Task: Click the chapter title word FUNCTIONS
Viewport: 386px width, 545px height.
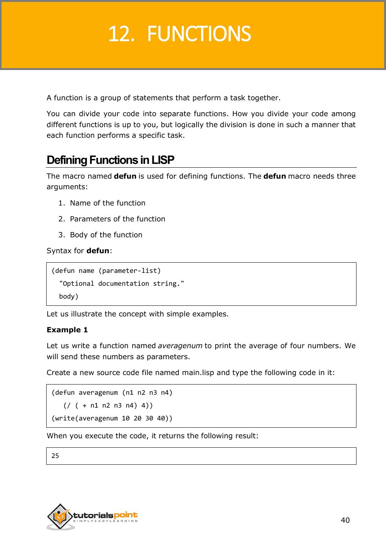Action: [198, 34]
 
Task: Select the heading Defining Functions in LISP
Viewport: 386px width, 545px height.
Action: [110, 160]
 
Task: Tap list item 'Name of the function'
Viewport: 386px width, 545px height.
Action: [108, 203]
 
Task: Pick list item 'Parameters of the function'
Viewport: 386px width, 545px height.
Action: [117, 219]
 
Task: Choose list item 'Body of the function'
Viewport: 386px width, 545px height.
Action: [106, 235]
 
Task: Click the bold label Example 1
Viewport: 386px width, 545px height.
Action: [67, 330]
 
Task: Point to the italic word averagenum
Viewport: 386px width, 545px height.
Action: [180, 346]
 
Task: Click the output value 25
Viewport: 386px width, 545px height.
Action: [55, 456]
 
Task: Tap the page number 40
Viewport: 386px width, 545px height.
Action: [345, 520]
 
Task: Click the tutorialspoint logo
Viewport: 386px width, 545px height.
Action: [92, 517]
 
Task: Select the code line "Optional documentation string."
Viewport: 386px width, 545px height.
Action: [122, 283]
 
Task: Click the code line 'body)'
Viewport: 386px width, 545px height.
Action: [69, 296]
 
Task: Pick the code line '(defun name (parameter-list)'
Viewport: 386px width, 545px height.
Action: [106, 271]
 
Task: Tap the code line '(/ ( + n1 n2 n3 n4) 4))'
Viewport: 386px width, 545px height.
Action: [108, 405]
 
